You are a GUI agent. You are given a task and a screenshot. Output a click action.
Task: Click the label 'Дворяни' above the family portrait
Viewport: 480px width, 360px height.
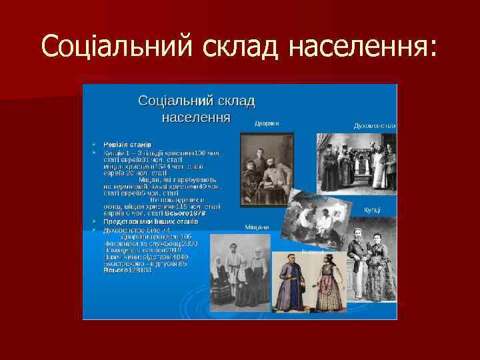pyautogui.click(x=266, y=123)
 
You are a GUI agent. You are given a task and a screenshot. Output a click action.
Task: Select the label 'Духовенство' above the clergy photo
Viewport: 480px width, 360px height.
pyautogui.click(x=374, y=125)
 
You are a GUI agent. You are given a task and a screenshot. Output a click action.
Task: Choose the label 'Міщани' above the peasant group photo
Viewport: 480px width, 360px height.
pyautogui.click(x=256, y=227)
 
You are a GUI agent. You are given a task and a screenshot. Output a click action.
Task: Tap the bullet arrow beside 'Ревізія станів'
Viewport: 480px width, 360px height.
pyautogui.click(x=95, y=144)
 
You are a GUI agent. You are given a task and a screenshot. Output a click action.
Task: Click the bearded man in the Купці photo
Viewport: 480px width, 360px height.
pyautogui.click(x=357, y=260)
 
